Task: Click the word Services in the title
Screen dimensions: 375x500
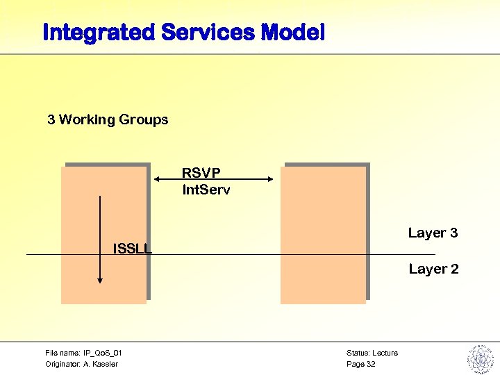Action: tap(209, 32)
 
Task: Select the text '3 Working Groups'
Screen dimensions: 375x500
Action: tap(108, 119)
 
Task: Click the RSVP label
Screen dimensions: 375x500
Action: tap(201, 172)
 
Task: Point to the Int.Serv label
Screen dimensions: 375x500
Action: tap(206, 189)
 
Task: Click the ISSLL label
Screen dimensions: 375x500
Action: tap(132, 248)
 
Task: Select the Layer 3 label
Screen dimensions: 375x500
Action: tap(433, 233)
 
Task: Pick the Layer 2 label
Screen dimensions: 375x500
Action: tap(433, 269)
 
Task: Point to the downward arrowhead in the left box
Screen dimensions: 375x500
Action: tap(100, 280)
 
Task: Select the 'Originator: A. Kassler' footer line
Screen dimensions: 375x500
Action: tap(81, 364)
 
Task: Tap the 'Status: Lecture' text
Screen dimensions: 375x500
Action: tap(372, 353)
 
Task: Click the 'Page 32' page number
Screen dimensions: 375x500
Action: tap(360, 364)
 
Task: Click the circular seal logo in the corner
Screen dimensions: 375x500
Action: tap(479, 358)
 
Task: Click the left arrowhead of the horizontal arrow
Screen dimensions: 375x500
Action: tap(158, 180)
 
